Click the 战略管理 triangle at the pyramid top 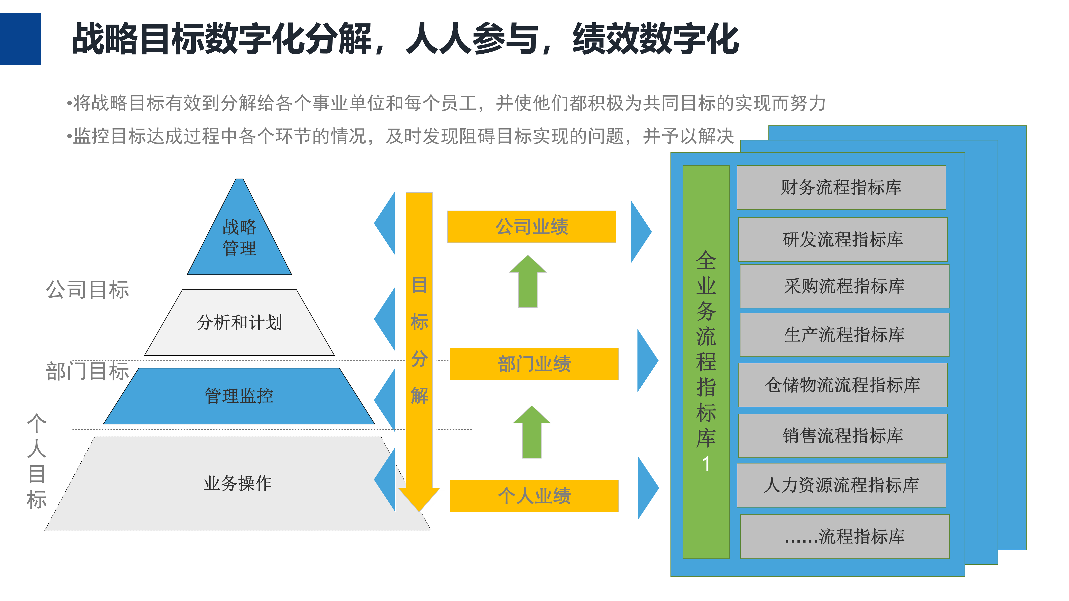(239, 238)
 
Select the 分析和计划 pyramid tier (239, 322)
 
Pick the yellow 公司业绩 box (532, 227)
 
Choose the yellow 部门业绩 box (534, 364)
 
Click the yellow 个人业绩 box (534, 496)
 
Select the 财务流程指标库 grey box (841, 187)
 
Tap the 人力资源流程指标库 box (841, 485)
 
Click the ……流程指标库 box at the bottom (844, 537)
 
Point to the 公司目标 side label (88, 289)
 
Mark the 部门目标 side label (88, 371)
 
